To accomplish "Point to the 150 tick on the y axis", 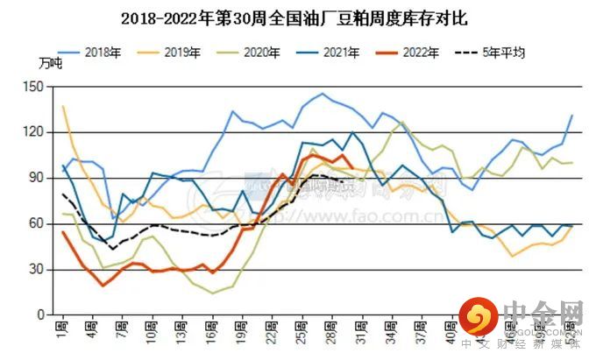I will (x=34, y=86).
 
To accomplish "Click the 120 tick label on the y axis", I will (x=34, y=131).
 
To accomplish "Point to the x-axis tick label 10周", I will (x=151, y=334).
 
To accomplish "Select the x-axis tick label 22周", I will (x=271, y=334).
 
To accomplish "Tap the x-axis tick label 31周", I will (x=360, y=334).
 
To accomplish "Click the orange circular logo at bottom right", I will (x=477, y=319).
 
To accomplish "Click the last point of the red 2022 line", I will (x=351, y=168).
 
